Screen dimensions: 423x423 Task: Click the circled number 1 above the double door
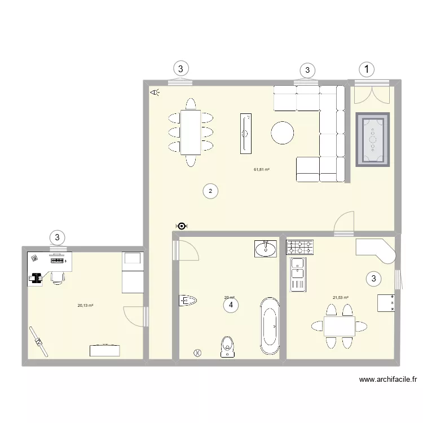pyautogui.click(x=367, y=69)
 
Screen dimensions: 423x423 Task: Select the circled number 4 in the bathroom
pyautogui.click(x=230, y=305)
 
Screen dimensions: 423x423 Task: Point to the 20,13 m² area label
pyautogui.click(x=85, y=306)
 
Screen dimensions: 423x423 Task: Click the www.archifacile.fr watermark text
pyautogui.click(x=388, y=380)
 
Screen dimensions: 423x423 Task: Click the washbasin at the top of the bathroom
pyautogui.click(x=266, y=248)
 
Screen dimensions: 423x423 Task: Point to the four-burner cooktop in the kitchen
pyautogui.click(x=301, y=247)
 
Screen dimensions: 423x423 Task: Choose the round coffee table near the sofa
pyautogui.click(x=282, y=133)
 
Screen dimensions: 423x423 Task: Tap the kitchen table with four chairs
pyautogui.click(x=339, y=326)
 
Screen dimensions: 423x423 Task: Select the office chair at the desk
pyautogui.click(x=56, y=277)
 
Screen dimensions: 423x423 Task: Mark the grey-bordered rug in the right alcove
pyautogui.click(x=373, y=140)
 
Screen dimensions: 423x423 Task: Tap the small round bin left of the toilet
pyautogui.click(x=197, y=352)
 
